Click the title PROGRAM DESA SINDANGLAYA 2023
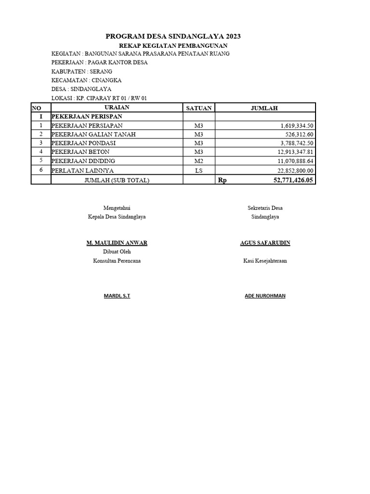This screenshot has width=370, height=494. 173,36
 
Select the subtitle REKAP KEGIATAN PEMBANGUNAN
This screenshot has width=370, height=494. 173,45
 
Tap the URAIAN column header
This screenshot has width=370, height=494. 117,108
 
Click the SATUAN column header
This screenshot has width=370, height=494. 198,108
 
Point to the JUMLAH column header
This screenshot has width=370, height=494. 264,108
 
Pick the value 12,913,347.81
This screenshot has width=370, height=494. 292,152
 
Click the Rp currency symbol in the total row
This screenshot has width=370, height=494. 222,180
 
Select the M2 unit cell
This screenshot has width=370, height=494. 199,161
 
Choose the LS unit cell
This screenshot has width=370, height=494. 199,170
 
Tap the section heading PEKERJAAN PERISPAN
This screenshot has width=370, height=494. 87,117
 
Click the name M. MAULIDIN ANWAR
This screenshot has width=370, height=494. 117,243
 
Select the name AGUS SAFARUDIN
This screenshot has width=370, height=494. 265,243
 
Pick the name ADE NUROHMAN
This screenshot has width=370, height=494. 265,296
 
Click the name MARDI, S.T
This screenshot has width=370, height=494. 117,296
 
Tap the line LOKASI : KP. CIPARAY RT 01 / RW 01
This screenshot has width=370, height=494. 99,98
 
